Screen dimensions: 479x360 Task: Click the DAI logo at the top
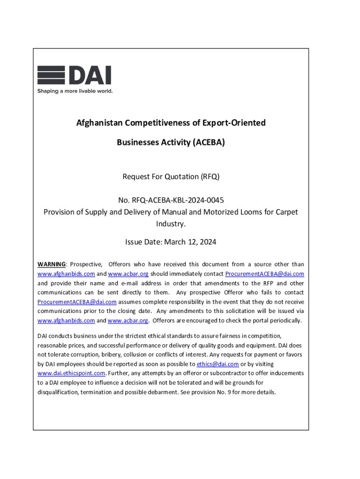point(74,75)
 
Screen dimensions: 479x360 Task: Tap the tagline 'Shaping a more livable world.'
point(75,91)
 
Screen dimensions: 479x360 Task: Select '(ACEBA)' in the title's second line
point(208,142)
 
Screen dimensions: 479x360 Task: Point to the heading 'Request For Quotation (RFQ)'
point(171,177)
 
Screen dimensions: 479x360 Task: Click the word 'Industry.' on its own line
point(171,224)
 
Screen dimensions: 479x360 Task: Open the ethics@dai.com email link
point(218,364)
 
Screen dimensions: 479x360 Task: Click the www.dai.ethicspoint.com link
point(71,373)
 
